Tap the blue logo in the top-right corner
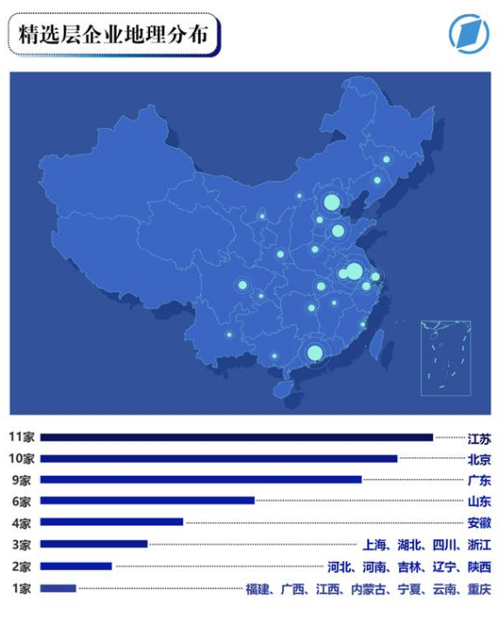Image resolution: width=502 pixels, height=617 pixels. [x=468, y=34]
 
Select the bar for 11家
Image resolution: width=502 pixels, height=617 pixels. [x=236, y=437]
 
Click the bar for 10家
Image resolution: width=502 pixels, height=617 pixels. [x=218, y=458]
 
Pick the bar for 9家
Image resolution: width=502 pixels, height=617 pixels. [x=200, y=479]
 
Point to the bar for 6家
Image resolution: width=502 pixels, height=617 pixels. [x=147, y=500]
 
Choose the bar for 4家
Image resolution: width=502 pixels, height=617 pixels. [x=111, y=522]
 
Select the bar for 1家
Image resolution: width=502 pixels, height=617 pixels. [x=58, y=588]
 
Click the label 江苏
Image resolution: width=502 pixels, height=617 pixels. [x=478, y=437]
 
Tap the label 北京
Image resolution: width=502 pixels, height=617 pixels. [x=478, y=459]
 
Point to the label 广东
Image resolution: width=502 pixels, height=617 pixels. [x=478, y=480]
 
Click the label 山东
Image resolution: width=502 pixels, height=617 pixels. [x=478, y=501]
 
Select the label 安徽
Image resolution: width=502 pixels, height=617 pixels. [x=478, y=523]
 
